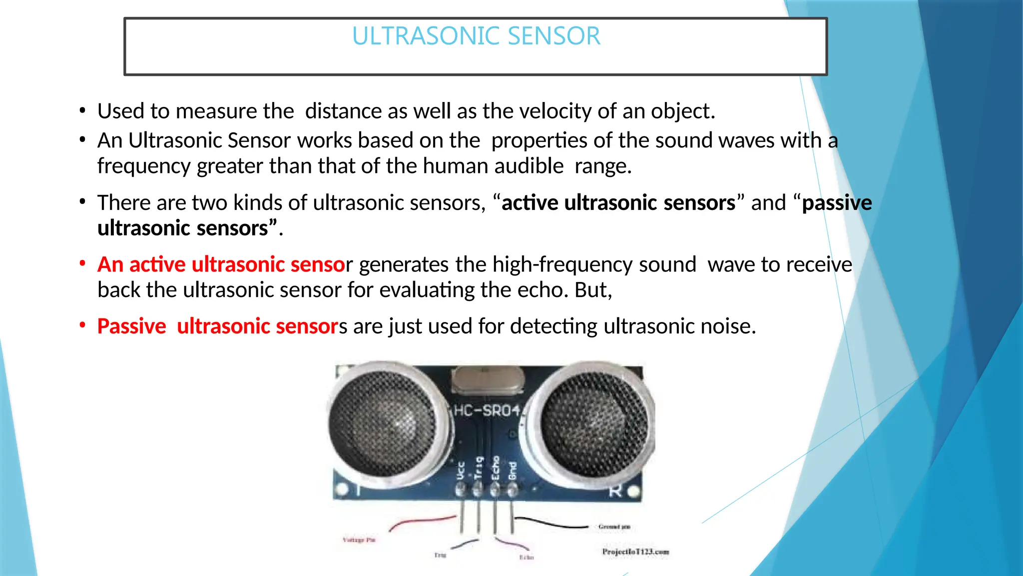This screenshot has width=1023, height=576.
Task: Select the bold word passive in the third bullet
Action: click(x=837, y=203)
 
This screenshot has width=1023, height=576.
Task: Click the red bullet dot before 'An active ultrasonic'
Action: click(x=82, y=263)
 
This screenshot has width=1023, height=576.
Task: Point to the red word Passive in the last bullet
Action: click(x=131, y=326)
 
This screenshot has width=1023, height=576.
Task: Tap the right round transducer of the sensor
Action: click(x=594, y=420)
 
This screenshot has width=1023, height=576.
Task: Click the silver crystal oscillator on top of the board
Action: click(x=487, y=380)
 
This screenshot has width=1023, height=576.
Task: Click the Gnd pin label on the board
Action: click(x=512, y=471)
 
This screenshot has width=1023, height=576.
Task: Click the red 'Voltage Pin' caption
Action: click(x=359, y=540)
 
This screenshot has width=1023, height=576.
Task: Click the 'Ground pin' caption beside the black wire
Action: click(x=614, y=526)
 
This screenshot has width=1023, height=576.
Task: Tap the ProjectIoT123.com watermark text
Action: click(x=635, y=552)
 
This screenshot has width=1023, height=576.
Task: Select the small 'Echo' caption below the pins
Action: click(x=526, y=557)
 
